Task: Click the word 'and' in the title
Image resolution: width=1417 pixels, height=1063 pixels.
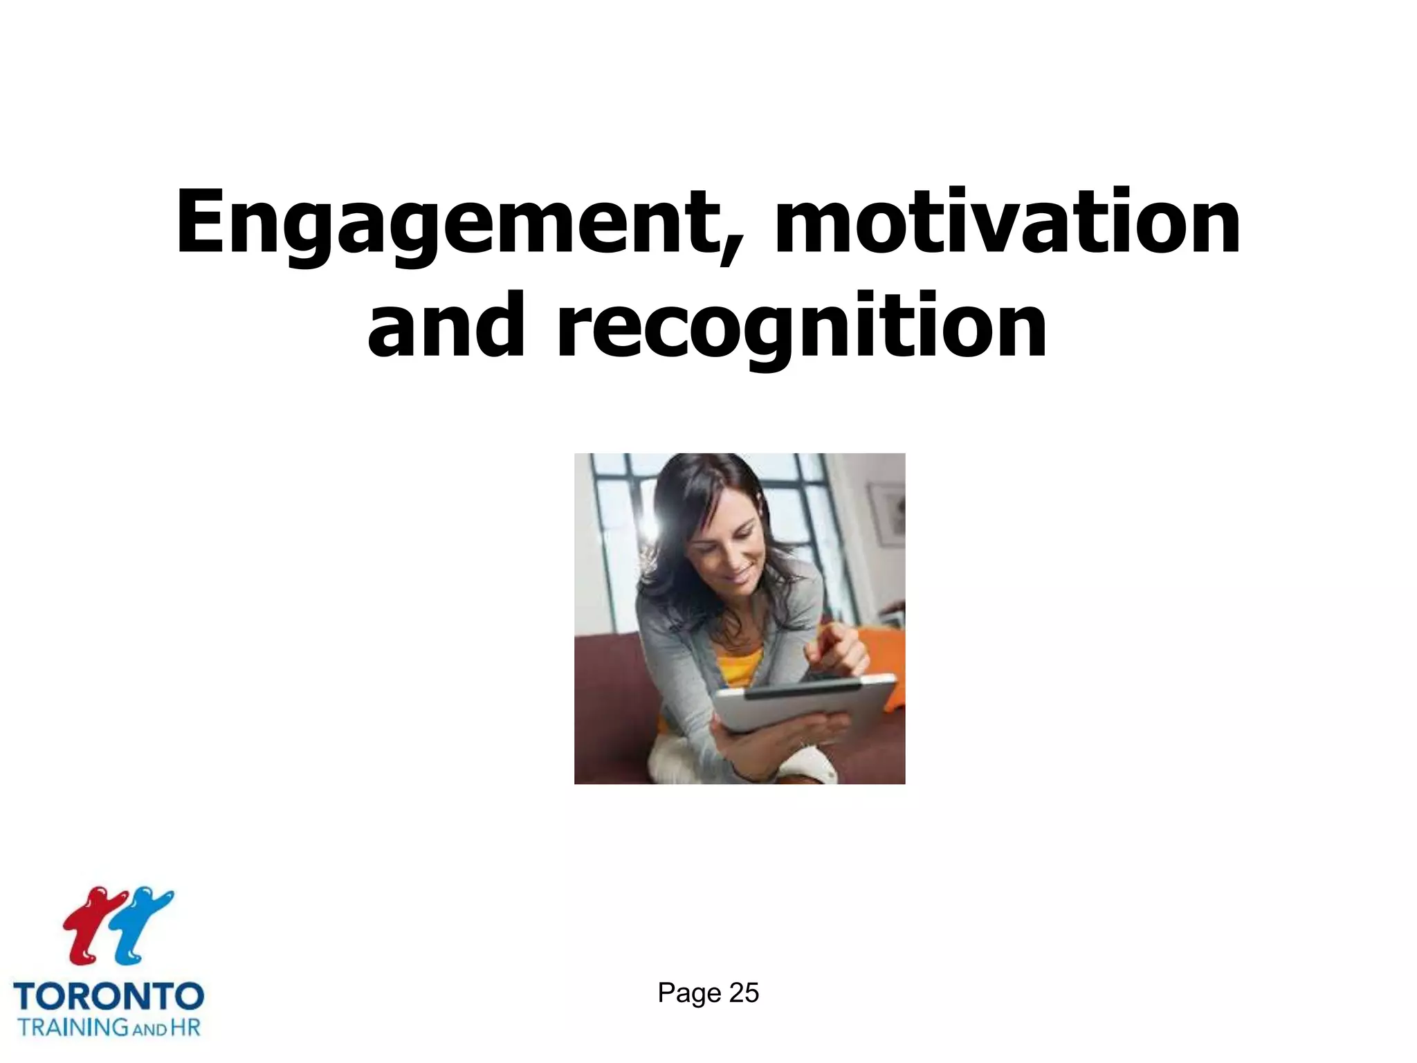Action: pyautogui.click(x=446, y=326)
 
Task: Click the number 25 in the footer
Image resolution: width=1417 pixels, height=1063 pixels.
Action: pyautogui.click(x=744, y=993)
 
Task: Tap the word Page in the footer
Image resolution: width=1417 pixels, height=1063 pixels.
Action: pyautogui.click(x=689, y=993)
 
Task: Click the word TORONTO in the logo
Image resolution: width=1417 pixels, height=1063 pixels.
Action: pyautogui.click(x=109, y=997)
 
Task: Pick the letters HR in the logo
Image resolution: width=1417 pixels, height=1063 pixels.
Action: pyautogui.click(x=185, y=1026)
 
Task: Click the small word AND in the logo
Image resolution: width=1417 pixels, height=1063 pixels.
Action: pyautogui.click(x=148, y=1029)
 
